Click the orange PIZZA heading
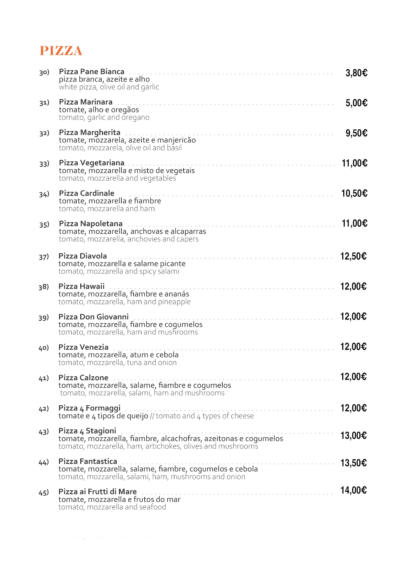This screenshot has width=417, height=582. coord(61,51)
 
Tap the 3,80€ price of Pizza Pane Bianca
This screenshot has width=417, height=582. coord(356,73)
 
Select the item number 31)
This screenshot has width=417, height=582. coord(44,102)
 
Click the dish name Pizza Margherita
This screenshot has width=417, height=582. coord(90,132)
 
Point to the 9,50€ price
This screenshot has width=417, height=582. coord(356,133)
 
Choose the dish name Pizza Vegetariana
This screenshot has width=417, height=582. coord(92,163)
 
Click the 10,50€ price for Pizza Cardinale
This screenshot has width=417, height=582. coord(354,193)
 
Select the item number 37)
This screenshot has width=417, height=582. coord(44,257)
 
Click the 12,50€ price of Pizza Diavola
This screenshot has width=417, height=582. coord(353,256)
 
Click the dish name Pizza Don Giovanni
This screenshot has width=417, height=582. coord(93,317)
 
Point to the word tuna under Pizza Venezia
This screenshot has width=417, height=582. coord(134,363)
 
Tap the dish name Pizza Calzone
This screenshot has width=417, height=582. coord(83,378)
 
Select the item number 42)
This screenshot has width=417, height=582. coord(44,409)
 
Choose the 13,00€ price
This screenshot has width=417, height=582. coord(353,436)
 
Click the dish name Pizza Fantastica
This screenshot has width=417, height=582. coord(88,461)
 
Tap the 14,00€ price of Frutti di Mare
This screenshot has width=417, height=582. coord(353,490)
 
